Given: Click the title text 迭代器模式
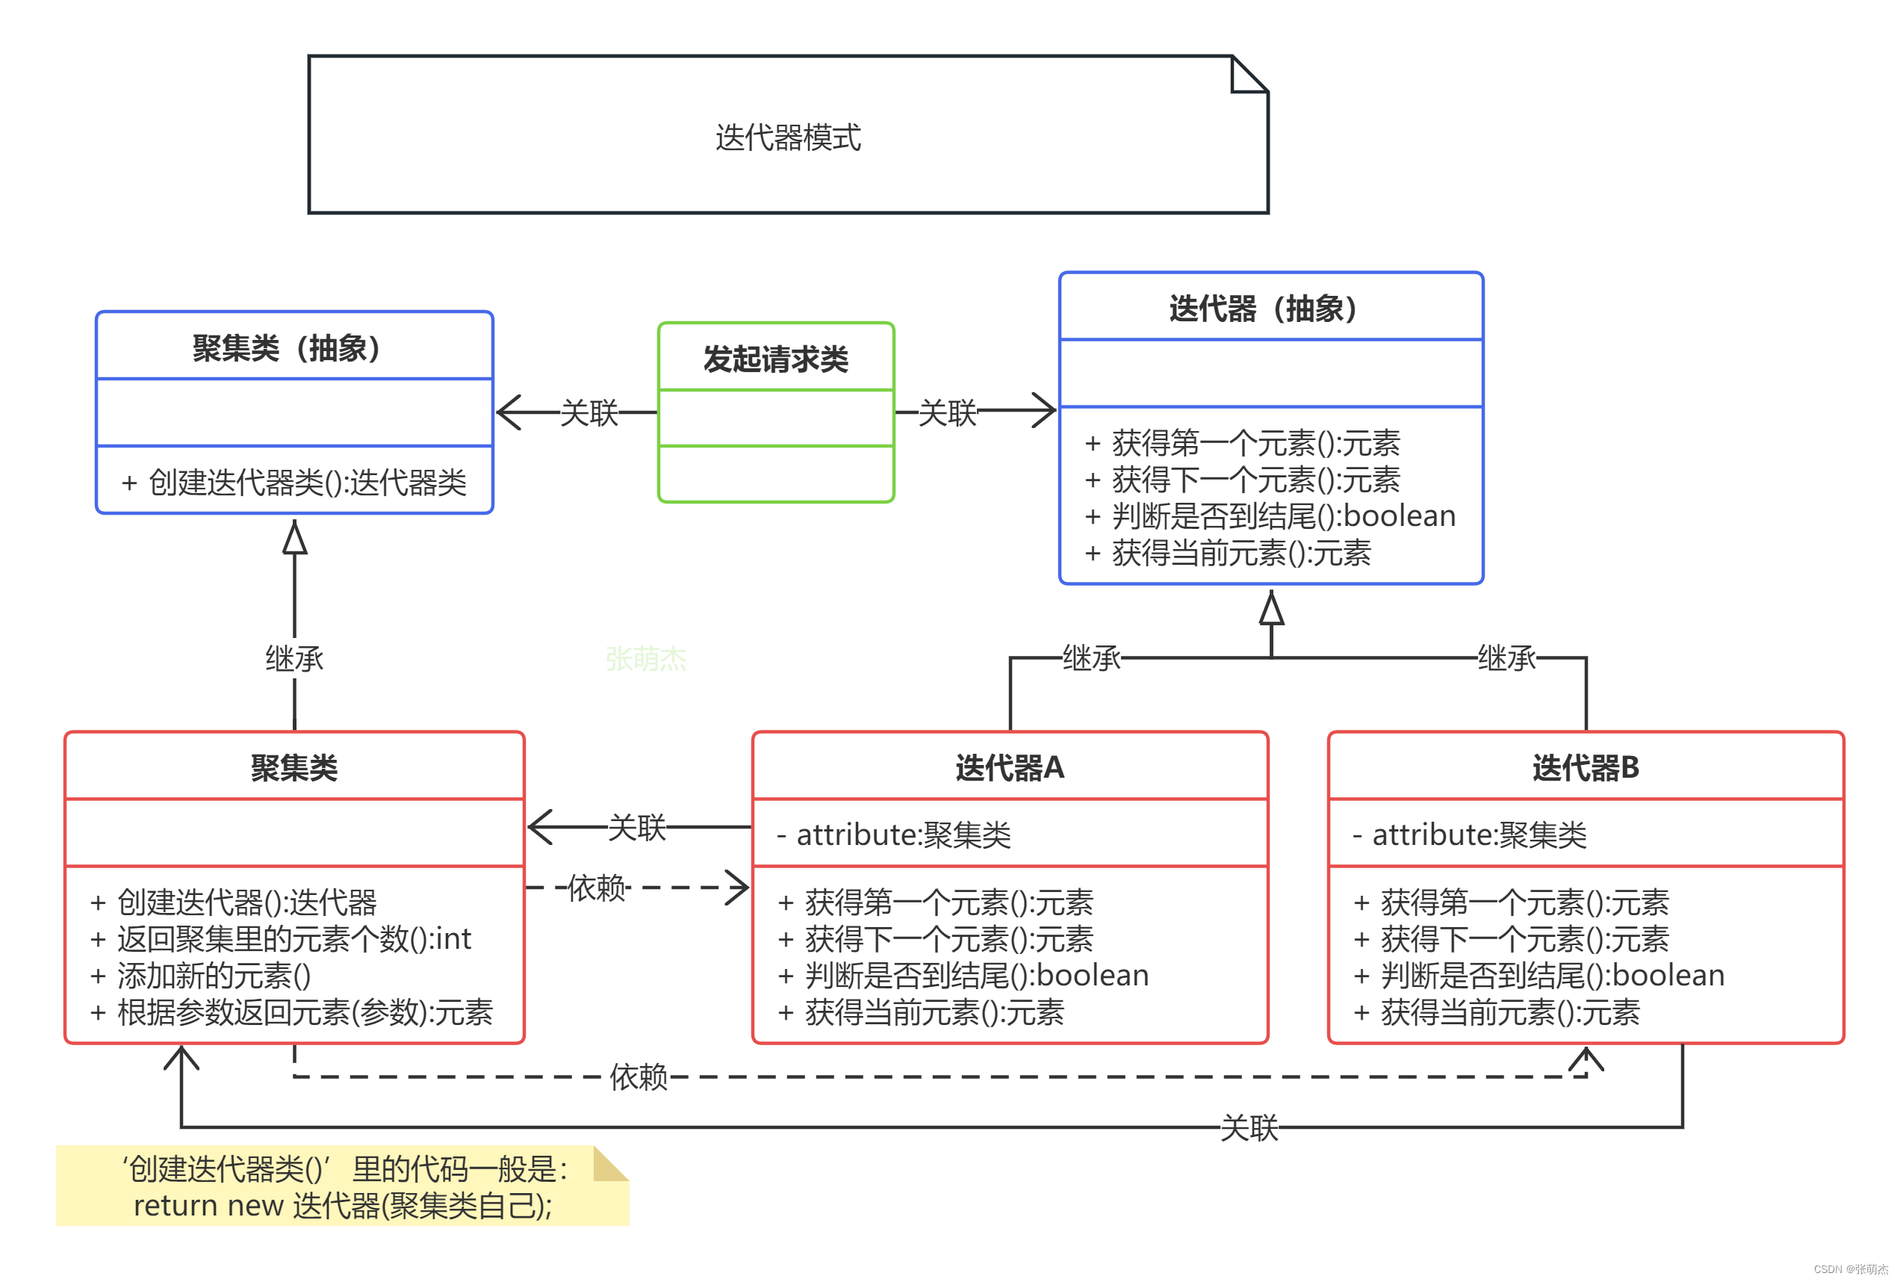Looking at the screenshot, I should (787, 137).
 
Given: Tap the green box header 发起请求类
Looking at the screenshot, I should (774, 359).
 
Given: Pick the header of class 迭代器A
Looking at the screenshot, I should (1009, 768).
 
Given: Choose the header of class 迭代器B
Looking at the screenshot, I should (1585, 768).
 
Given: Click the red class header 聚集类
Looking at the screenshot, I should (294, 768).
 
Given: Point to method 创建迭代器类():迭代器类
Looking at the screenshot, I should (294, 483).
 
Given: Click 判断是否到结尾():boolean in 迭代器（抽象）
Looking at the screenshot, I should (1270, 516).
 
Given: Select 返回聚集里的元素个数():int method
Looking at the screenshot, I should (282, 938).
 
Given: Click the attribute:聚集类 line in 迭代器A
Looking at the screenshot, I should (894, 834).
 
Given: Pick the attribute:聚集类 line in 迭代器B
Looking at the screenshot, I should (1469, 834).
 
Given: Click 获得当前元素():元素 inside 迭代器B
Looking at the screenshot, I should (1497, 1012).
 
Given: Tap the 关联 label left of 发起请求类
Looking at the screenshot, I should (589, 413).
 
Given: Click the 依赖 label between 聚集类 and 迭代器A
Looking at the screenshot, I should (597, 887).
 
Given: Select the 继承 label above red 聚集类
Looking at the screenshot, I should (294, 658).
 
